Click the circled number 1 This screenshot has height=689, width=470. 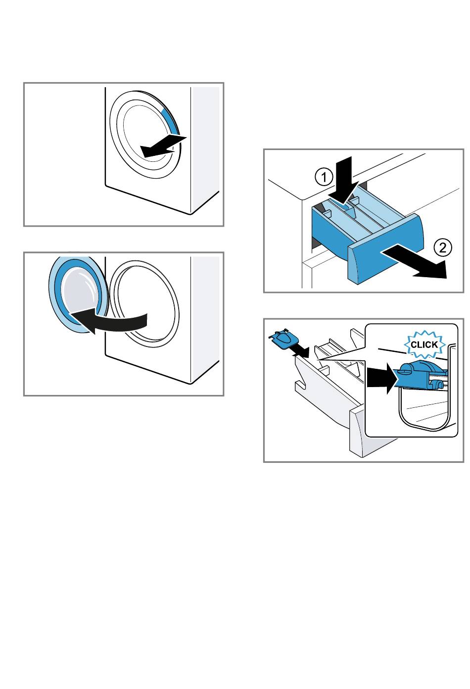point(324,177)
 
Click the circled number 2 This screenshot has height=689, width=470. point(443,247)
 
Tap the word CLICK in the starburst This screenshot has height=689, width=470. point(424,344)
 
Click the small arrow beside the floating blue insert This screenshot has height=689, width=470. point(300,350)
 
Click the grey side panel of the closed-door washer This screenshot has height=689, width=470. point(205,149)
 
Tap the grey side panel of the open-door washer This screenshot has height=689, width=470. point(205,318)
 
